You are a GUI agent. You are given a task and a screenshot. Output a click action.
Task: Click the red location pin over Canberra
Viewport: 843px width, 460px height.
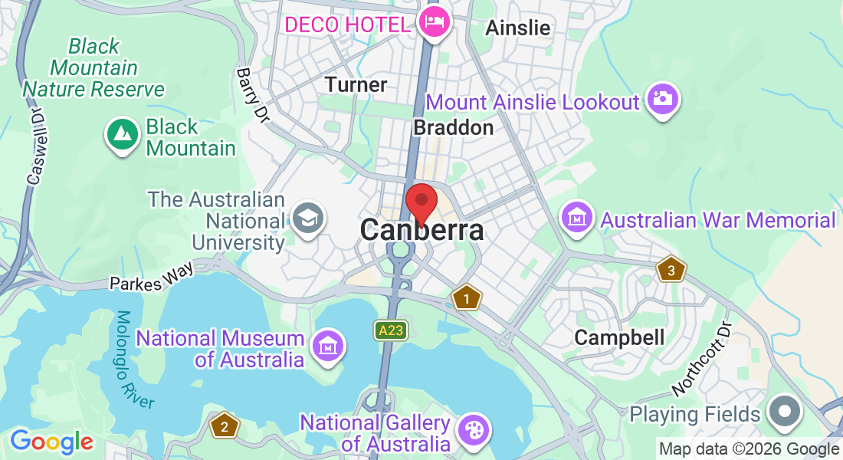click(x=421, y=202)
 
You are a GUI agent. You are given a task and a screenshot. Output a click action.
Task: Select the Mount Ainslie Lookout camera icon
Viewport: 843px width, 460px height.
click(x=662, y=99)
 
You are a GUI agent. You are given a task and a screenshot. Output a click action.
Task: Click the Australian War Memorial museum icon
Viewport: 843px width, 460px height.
click(x=577, y=219)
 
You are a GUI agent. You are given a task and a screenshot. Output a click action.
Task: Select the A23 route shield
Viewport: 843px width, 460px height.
click(x=390, y=330)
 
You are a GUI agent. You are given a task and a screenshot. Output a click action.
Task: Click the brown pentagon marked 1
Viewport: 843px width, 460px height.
click(x=465, y=297)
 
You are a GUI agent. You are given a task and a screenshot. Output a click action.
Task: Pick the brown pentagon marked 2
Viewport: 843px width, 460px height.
click(x=224, y=426)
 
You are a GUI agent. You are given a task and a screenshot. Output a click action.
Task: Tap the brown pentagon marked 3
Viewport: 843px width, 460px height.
click(x=671, y=270)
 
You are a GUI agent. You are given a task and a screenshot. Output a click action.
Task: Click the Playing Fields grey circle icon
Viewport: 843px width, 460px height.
click(x=785, y=412)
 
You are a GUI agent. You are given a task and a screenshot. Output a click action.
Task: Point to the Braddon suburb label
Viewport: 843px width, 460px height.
click(x=453, y=127)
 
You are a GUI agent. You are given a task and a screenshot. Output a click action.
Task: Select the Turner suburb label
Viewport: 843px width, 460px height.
click(x=356, y=84)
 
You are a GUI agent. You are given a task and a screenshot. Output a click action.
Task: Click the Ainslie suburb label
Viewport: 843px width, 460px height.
click(x=518, y=28)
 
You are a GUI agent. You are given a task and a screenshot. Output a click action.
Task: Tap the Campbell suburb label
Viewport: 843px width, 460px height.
click(x=619, y=337)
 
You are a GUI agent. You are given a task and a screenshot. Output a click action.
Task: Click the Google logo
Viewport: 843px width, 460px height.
click(x=51, y=442)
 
